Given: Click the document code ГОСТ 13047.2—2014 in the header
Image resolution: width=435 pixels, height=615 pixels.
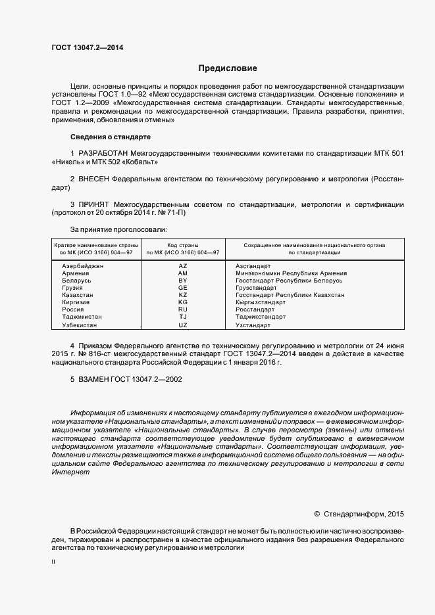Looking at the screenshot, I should tap(87, 47).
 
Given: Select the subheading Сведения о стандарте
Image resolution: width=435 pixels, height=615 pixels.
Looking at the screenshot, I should tap(110, 137).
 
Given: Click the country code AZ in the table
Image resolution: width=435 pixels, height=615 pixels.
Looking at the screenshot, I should tap(183, 265).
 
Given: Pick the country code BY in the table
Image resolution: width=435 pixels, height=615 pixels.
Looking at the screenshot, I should tap(183, 281).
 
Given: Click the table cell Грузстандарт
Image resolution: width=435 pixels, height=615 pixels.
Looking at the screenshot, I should tap(256, 288).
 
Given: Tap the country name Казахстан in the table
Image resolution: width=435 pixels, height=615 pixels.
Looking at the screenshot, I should tap(77, 295).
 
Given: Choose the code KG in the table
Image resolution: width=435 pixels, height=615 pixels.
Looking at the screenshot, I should tap(183, 302).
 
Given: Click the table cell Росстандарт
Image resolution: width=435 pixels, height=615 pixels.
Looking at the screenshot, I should tap(255, 309).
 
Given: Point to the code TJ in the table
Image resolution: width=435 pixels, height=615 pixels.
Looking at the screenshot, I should tap(183, 317).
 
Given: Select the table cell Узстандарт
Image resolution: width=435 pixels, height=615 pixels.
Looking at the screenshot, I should tap(253, 325).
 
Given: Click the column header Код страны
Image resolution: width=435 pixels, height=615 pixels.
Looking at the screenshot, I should tap(182, 244).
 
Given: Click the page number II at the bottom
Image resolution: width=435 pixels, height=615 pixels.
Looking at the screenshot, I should tap(53, 562).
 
